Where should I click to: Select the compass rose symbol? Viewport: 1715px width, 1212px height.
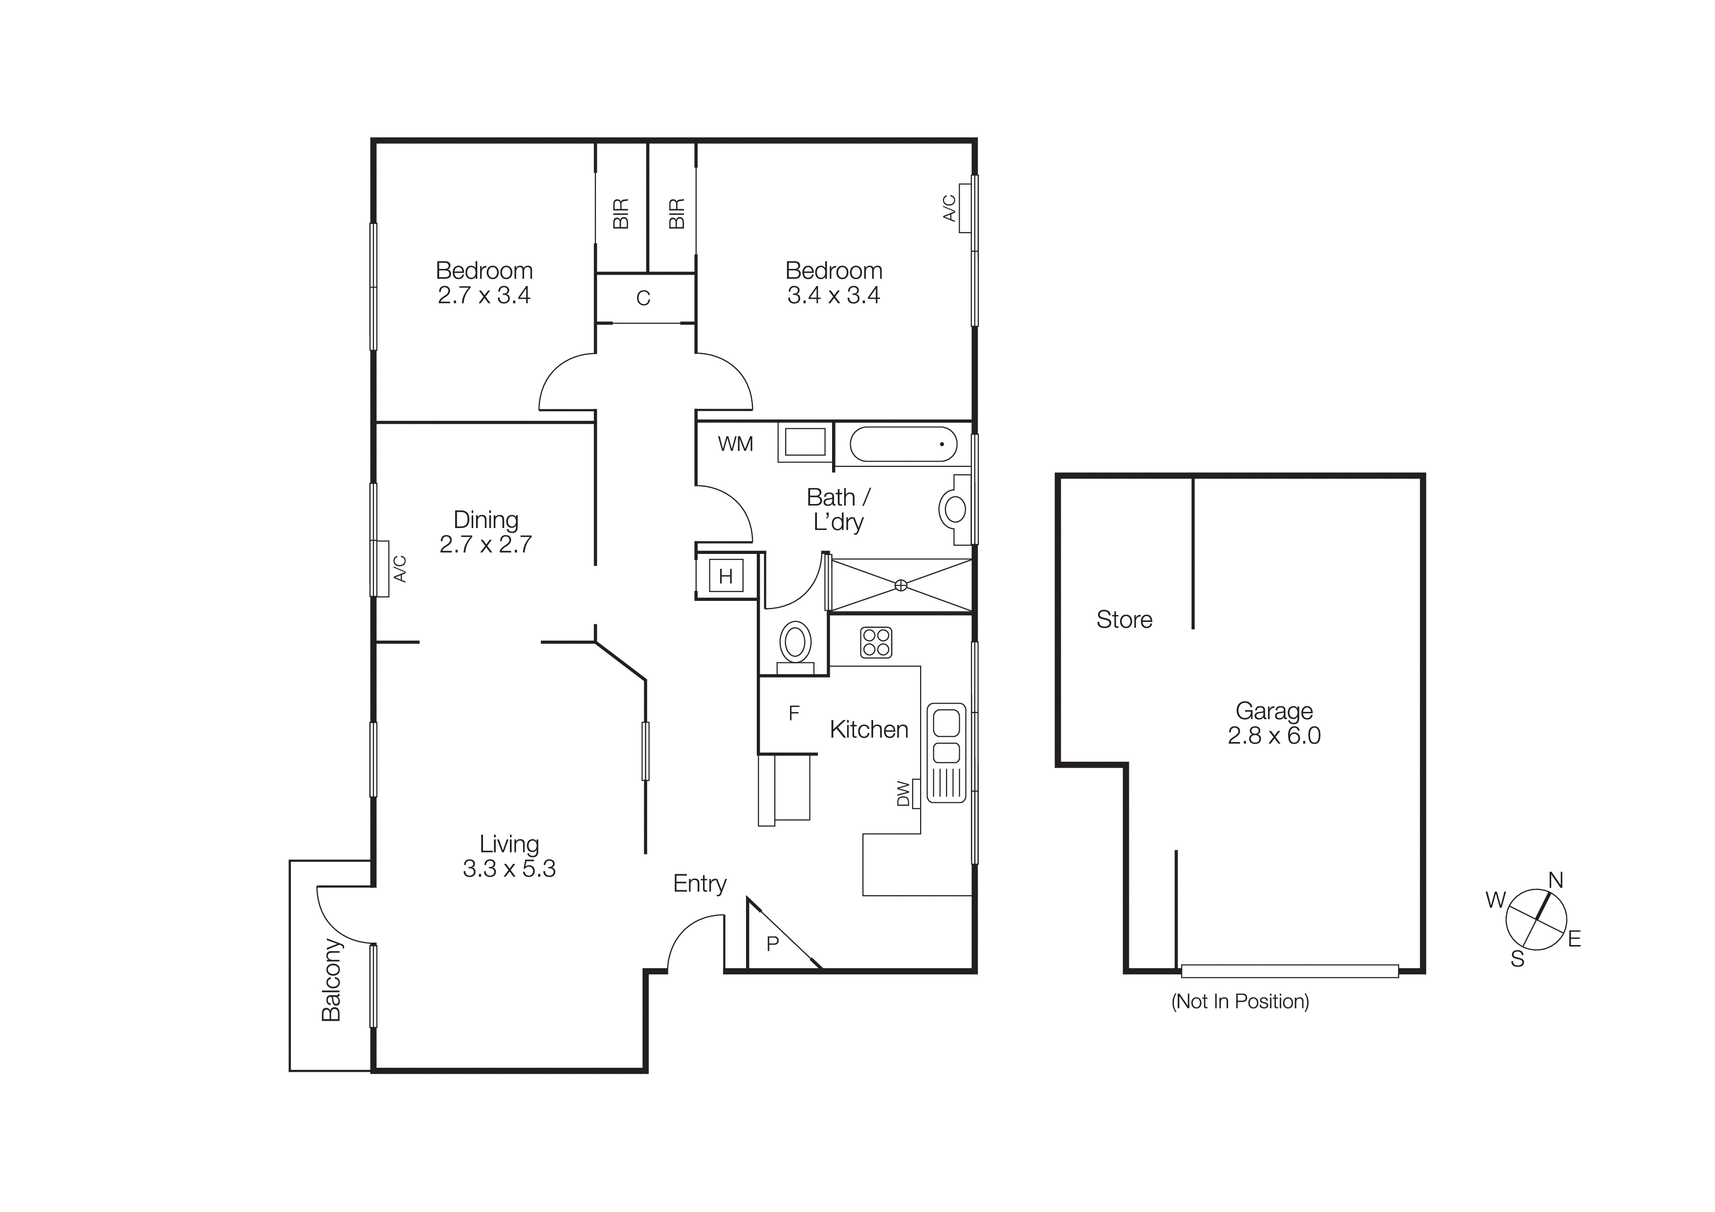[1535, 919]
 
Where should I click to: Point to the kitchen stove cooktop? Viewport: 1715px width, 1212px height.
[876, 642]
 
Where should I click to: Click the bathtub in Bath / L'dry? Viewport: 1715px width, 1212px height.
[903, 444]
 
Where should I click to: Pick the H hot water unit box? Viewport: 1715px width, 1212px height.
[726, 576]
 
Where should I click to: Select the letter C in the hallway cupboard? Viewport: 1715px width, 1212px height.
[643, 298]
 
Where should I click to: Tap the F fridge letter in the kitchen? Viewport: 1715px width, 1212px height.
[793, 713]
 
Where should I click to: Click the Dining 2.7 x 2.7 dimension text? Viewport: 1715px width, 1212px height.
[485, 544]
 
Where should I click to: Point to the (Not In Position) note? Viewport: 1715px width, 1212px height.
[1240, 1001]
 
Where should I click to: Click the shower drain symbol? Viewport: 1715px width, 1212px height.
[901, 585]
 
